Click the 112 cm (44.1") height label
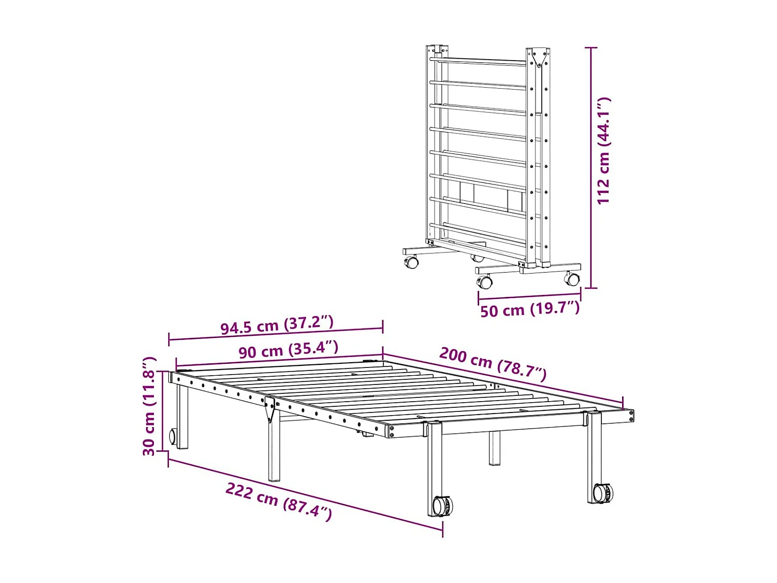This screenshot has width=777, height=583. click(x=603, y=150)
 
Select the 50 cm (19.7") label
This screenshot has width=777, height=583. click(x=529, y=309)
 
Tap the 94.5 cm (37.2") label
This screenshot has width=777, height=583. click(x=277, y=325)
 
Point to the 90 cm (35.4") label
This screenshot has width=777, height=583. click(x=288, y=350)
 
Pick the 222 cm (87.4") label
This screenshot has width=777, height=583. click(x=279, y=501)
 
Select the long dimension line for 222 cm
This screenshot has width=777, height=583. click(x=306, y=495)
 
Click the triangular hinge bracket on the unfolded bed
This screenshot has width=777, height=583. click(x=270, y=409)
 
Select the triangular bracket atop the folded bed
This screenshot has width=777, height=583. click(x=539, y=58)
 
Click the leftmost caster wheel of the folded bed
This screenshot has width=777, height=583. click(x=411, y=262)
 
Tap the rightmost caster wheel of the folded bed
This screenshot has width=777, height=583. click(x=572, y=279)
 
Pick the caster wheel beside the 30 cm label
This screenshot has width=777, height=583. click(x=172, y=436)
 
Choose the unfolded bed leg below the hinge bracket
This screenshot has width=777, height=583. click(x=274, y=451)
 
